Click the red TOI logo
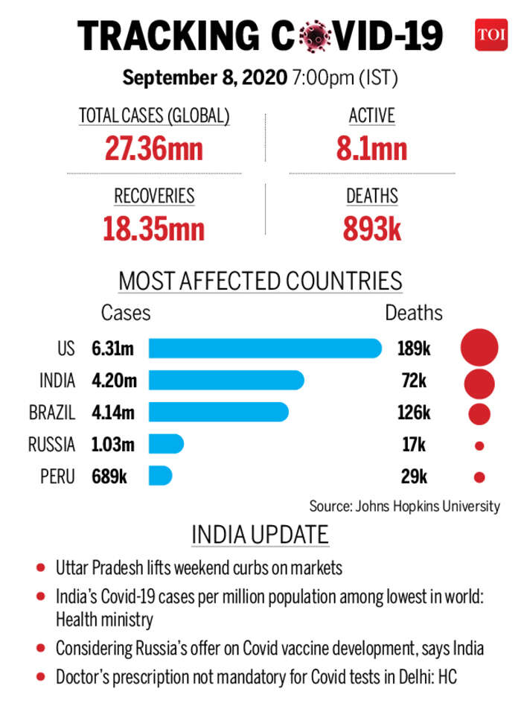(x=491, y=34)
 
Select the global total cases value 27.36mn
(x=154, y=148)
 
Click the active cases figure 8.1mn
(x=371, y=148)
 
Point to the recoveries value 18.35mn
(x=154, y=229)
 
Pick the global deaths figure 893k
(x=372, y=229)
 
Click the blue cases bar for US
(x=265, y=349)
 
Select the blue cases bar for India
(x=226, y=381)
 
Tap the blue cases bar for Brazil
(x=218, y=412)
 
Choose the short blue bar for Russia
(x=166, y=445)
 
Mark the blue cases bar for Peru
(x=160, y=476)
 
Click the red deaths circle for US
(x=479, y=349)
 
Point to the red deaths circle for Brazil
(x=479, y=413)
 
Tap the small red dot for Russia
(x=479, y=445)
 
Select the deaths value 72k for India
(x=413, y=381)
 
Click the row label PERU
(x=58, y=477)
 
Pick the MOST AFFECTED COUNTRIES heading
(x=260, y=282)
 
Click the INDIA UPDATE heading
(x=260, y=535)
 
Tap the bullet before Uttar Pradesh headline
(x=39, y=568)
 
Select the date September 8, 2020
(x=204, y=77)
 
